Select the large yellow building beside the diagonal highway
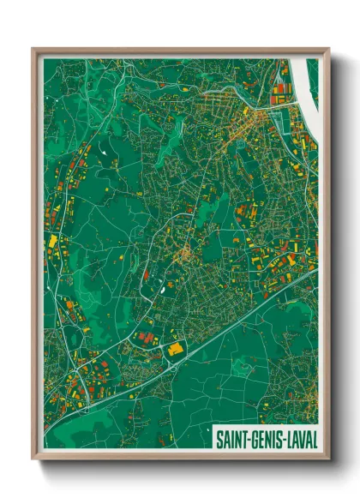tap(178, 349)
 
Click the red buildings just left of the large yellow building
tap(146, 338)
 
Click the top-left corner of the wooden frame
tap(33, 49)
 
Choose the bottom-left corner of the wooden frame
tap(33, 459)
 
